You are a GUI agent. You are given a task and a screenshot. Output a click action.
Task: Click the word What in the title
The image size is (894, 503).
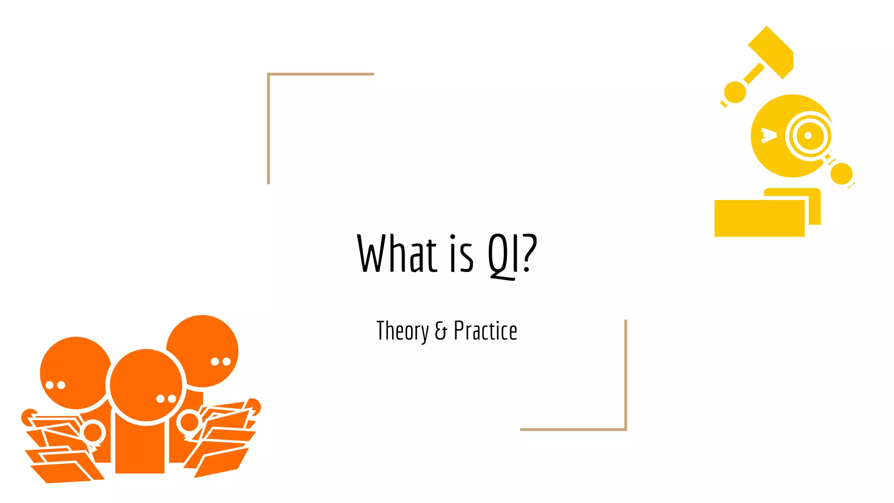[397, 254]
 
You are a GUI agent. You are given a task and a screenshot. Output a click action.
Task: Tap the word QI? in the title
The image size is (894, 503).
[512, 255]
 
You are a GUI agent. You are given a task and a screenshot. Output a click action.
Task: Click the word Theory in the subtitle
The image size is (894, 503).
[402, 331]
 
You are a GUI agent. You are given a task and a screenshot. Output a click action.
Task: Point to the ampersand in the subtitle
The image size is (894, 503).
[441, 331]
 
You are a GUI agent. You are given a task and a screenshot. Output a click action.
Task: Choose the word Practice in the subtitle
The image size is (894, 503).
[485, 331]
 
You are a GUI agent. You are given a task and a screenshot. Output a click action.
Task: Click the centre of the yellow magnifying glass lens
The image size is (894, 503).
[808, 135]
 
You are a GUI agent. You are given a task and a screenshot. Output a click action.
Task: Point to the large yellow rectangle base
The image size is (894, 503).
[759, 218]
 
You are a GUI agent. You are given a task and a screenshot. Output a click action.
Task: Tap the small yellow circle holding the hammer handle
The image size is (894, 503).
[735, 92]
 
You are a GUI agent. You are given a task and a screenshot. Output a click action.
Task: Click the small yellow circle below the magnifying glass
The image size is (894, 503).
[841, 173]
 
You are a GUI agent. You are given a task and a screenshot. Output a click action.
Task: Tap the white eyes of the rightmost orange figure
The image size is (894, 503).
[220, 362]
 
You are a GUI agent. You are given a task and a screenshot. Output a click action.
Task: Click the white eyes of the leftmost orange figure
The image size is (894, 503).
[55, 385]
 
